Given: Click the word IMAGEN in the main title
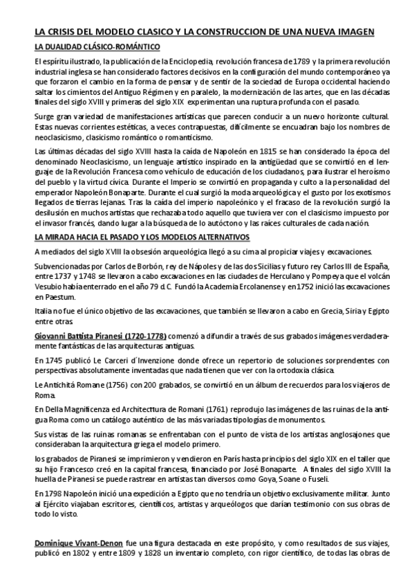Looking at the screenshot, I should point(353,32).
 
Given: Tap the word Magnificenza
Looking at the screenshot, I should point(93,408).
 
